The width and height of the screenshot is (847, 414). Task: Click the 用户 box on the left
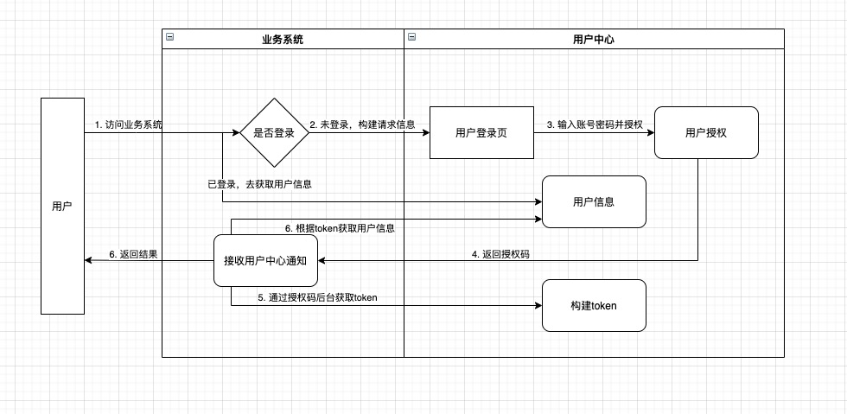point(62,206)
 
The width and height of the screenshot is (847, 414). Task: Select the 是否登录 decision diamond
point(274,133)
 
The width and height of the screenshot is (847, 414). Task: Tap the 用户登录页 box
point(481,133)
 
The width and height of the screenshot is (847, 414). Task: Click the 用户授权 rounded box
point(706,133)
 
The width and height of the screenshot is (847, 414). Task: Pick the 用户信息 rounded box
point(594,202)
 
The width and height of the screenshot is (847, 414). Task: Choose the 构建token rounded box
point(594,306)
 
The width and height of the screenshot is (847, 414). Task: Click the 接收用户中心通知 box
point(265,260)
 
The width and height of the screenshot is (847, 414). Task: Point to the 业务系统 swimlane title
point(283,39)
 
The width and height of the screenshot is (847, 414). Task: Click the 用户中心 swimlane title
point(594,39)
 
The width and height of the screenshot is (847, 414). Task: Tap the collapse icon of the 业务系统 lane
point(169,37)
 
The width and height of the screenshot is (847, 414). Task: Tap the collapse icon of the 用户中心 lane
point(411,37)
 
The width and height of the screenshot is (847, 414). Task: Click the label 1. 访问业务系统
point(129,124)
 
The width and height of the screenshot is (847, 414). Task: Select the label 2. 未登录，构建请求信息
point(362,124)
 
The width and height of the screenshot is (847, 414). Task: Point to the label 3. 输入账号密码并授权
point(594,124)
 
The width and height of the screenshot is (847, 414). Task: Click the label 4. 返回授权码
point(500,254)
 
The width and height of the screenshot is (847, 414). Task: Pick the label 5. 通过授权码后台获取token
point(318,297)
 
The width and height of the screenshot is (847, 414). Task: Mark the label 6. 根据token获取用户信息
point(340,228)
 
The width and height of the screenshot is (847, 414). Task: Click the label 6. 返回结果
point(133,254)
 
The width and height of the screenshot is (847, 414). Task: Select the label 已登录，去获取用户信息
point(260,184)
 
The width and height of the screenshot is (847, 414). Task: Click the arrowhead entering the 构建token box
point(538,305)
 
